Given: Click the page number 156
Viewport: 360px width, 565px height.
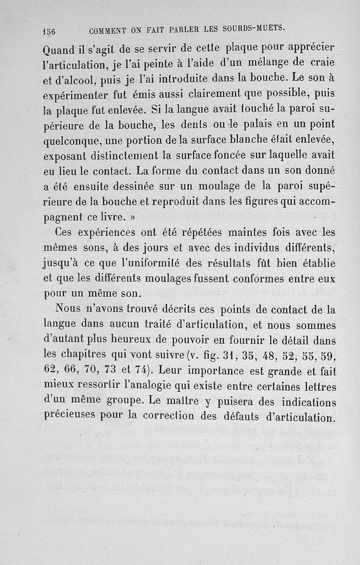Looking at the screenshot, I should tap(48, 31).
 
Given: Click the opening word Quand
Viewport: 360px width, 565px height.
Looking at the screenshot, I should tap(60, 48).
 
